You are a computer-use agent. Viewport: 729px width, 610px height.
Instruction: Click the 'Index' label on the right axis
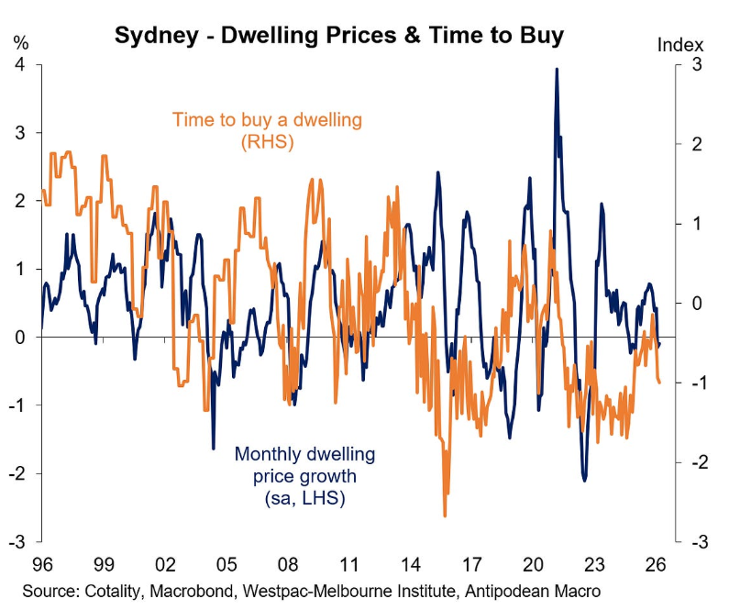(x=680, y=44)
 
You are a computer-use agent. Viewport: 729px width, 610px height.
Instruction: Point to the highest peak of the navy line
(x=556, y=69)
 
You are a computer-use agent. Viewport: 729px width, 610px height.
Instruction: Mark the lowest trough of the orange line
(x=445, y=516)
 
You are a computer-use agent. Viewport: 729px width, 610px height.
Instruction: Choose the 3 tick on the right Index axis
(x=697, y=65)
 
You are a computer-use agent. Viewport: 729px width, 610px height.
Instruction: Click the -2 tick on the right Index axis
(x=694, y=462)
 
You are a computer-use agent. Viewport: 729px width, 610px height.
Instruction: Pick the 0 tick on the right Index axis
(x=697, y=304)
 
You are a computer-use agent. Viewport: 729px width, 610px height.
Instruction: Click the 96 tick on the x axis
(x=42, y=563)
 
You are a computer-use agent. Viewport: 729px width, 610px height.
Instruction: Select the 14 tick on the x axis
(x=410, y=563)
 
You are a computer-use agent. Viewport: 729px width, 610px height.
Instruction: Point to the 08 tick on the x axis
(x=287, y=563)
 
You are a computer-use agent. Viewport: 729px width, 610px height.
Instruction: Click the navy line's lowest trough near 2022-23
(x=584, y=480)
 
